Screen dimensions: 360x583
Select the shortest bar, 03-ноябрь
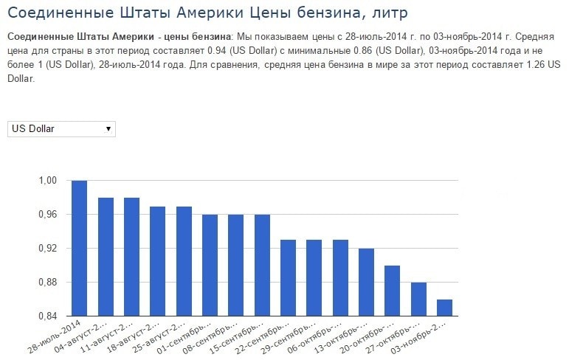pyautogui.click(x=444, y=308)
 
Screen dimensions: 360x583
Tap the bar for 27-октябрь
pyautogui.click(x=418, y=299)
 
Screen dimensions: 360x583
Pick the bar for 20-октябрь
pyautogui.click(x=393, y=291)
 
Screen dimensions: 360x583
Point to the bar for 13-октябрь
pyautogui.click(x=366, y=282)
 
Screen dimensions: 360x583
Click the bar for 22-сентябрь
pyautogui.click(x=288, y=277)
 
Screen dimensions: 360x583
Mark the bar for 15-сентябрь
pyautogui.click(x=262, y=265)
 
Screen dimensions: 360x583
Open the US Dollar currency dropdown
pyautogui.click(x=61, y=128)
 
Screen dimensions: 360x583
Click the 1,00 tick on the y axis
pyautogui.click(x=48, y=181)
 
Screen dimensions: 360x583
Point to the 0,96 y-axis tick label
pyautogui.click(x=48, y=215)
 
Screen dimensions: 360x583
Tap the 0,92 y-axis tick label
pyautogui.click(x=48, y=249)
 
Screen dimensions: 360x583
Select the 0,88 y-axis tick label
pyautogui.click(x=48, y=283)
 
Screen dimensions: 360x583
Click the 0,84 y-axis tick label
pyautogui.click(x=48, y=316)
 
